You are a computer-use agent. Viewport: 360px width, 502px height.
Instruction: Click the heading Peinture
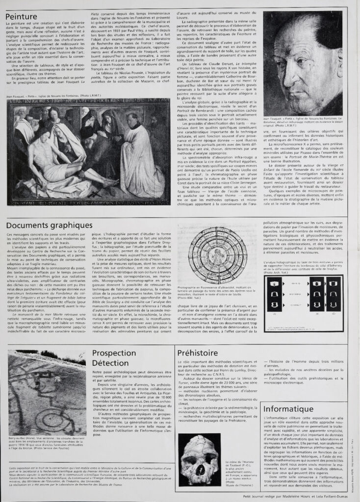(21, 17)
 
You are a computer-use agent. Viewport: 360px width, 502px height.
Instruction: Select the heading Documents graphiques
(49, 225)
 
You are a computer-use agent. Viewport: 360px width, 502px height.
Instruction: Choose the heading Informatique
(288, 409)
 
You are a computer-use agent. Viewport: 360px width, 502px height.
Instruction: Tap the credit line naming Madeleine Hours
(291, 496)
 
